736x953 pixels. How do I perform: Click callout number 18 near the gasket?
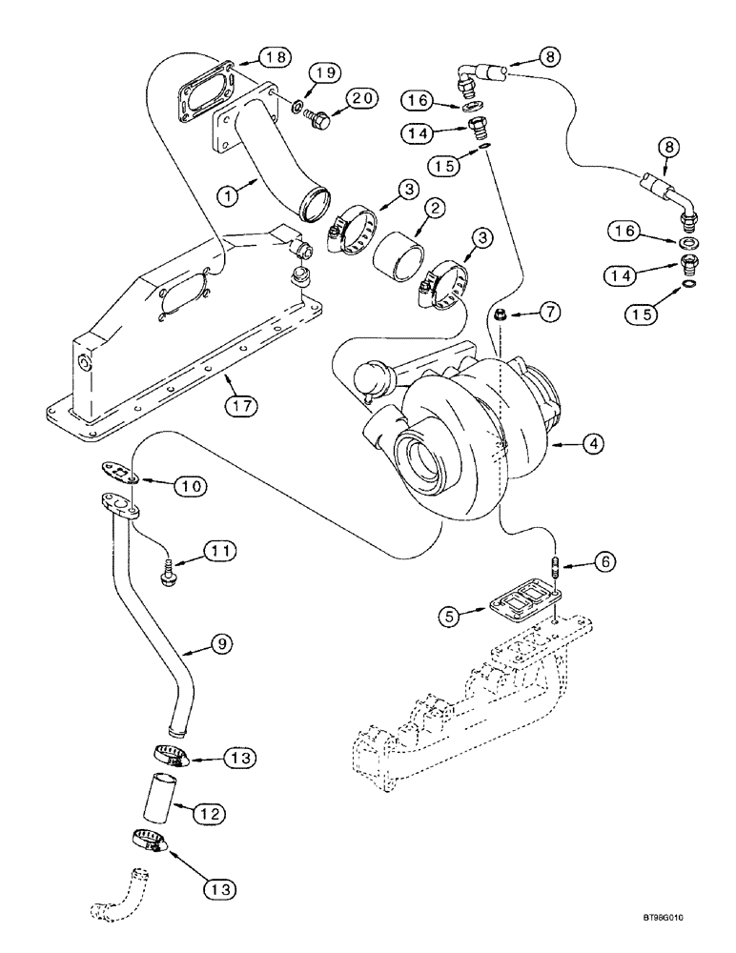click(x=275, y=58)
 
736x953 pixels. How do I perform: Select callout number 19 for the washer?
click(x=323, y=73)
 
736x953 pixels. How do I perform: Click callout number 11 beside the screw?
click(x=218, y=552)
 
